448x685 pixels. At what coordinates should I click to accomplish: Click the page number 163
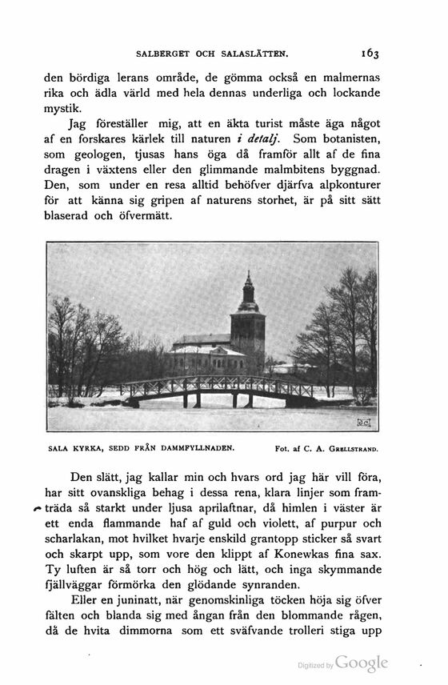[x=370, y=54]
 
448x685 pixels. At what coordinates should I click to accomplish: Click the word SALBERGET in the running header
[x=165, y=55]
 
